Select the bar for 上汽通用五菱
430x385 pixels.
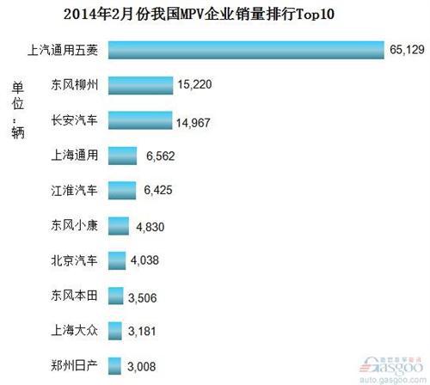coord(245,51)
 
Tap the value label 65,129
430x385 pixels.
coord(407,51)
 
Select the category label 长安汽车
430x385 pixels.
coord(75,121)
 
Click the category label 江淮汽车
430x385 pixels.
coord(75,191)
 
